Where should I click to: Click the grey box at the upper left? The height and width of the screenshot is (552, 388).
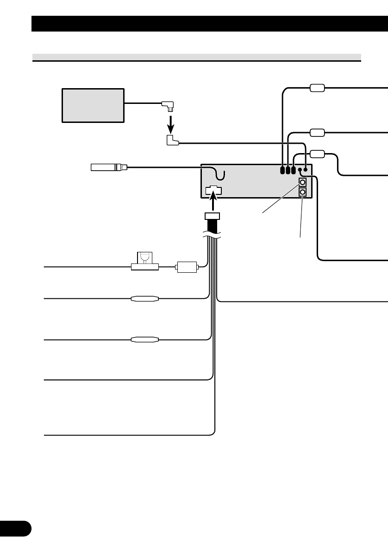click(x=93, y=105)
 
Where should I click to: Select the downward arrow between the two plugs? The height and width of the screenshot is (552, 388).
click(x=170, y=124)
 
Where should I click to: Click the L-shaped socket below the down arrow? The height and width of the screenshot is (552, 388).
click(x=172, y=140)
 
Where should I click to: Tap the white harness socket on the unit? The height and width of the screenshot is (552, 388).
click(x=213, y=190)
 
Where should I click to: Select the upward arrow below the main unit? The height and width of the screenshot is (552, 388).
click(x=213, y=203)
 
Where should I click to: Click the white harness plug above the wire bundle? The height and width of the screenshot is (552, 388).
click(x=213, y=216)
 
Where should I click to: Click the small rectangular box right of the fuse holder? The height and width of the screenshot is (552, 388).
click(x=186, y=268)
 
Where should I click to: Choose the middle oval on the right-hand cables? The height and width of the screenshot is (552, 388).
click(x=317, y=133)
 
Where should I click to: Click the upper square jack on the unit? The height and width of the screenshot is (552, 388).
click(x=302, y=182)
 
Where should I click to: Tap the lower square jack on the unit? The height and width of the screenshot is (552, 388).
click(x=302, y=192)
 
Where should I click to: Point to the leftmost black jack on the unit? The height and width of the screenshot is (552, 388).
click(x=282, y=170)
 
